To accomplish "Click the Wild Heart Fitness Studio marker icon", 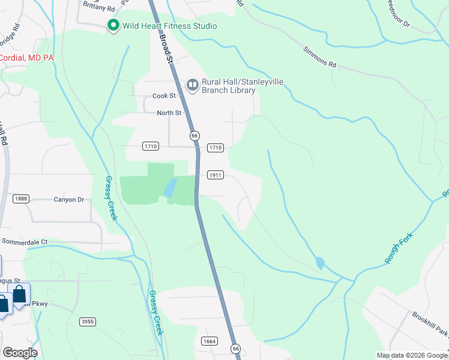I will pyautogui.click(x=112, y=26).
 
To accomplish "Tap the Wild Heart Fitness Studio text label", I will pyautogui.click(x=169, y=26).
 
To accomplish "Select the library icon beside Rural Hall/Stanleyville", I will pyautogui.click(x=193, y=85).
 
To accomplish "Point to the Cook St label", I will pyautogui.click(x=164, y=96).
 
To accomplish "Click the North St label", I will pyautogui.click(x=169, y=113).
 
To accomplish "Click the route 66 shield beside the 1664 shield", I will pyautogui.click(x=236, y=349).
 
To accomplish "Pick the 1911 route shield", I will pyautogui.click(x=215, y=175).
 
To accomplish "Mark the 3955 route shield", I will pyautogui.click(x=88, y=322).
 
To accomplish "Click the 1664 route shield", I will pyautogui.click(x=209, y=340).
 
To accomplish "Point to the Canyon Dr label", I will pyautogui.click(x=69, y=200).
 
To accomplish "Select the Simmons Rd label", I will pyautogui.click(x=320, y=56).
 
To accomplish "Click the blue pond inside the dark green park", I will pyautogui.click(x=170, y=188).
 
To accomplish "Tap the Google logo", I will pyautogui.click(x=20, y=353).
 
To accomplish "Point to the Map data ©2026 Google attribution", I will pyautogui.click(x=412, y=355).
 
